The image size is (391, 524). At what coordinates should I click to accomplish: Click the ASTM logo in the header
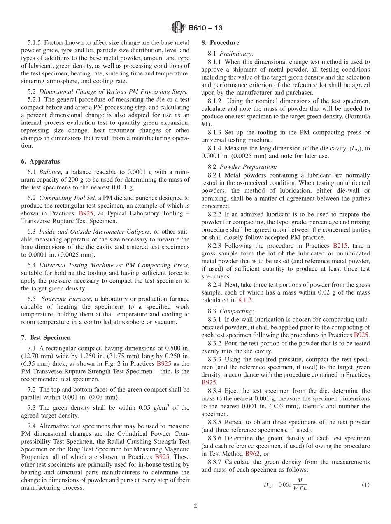pos(178,28)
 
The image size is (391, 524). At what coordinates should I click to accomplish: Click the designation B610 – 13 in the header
pos(206,28)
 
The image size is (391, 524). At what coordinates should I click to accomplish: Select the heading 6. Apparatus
pos(40,161)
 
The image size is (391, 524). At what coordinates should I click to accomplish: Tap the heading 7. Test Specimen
pos(46,337)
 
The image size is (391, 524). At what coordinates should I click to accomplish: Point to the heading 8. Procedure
pos(220,42)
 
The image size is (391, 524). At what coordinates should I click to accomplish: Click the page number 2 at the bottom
pos(195,506)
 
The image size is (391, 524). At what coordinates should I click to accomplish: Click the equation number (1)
pos(365,485)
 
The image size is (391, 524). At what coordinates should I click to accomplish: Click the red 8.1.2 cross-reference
pos(245,300)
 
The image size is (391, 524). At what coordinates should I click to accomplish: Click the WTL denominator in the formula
pos(300,488)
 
